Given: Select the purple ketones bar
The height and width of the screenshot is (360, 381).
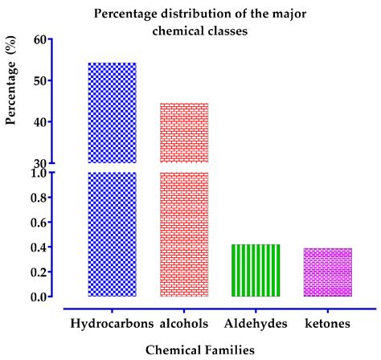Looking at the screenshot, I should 329,272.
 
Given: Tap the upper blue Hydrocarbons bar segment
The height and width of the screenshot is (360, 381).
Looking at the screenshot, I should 112,112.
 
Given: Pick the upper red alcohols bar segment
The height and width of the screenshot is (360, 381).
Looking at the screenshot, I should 184,133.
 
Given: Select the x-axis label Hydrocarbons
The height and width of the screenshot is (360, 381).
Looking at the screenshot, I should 111,323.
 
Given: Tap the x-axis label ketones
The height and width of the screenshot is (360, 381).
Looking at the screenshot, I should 328,323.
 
